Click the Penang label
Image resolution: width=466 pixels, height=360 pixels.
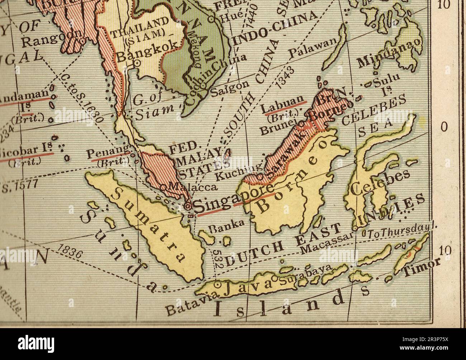point(108,152)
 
